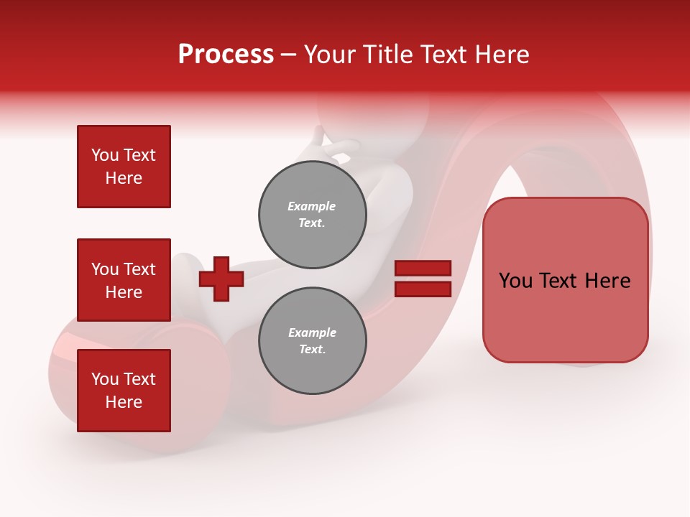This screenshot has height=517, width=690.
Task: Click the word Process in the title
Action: (226, 55)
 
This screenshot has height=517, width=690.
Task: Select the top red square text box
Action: (124, 167)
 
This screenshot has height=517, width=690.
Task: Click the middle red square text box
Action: (124, 280)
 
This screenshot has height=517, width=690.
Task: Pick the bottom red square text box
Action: (124, 391)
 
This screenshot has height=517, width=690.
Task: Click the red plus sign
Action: (221, 279)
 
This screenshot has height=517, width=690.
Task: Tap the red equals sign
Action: (423, 279)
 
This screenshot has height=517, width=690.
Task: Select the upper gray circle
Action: (313, 215)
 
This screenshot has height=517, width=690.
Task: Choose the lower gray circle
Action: (313, 341)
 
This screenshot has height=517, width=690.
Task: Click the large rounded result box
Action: (566, 280)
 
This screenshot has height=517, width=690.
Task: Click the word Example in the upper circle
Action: (312, 207)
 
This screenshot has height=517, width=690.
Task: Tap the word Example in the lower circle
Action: (312, 333)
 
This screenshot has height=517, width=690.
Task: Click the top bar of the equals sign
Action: (423, 269)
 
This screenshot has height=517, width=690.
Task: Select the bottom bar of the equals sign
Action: (423, 289)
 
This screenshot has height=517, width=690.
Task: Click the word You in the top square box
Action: (103, 155)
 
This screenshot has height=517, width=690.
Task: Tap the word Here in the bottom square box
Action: (124, 402)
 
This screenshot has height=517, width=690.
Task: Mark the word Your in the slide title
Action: (329, 55)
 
